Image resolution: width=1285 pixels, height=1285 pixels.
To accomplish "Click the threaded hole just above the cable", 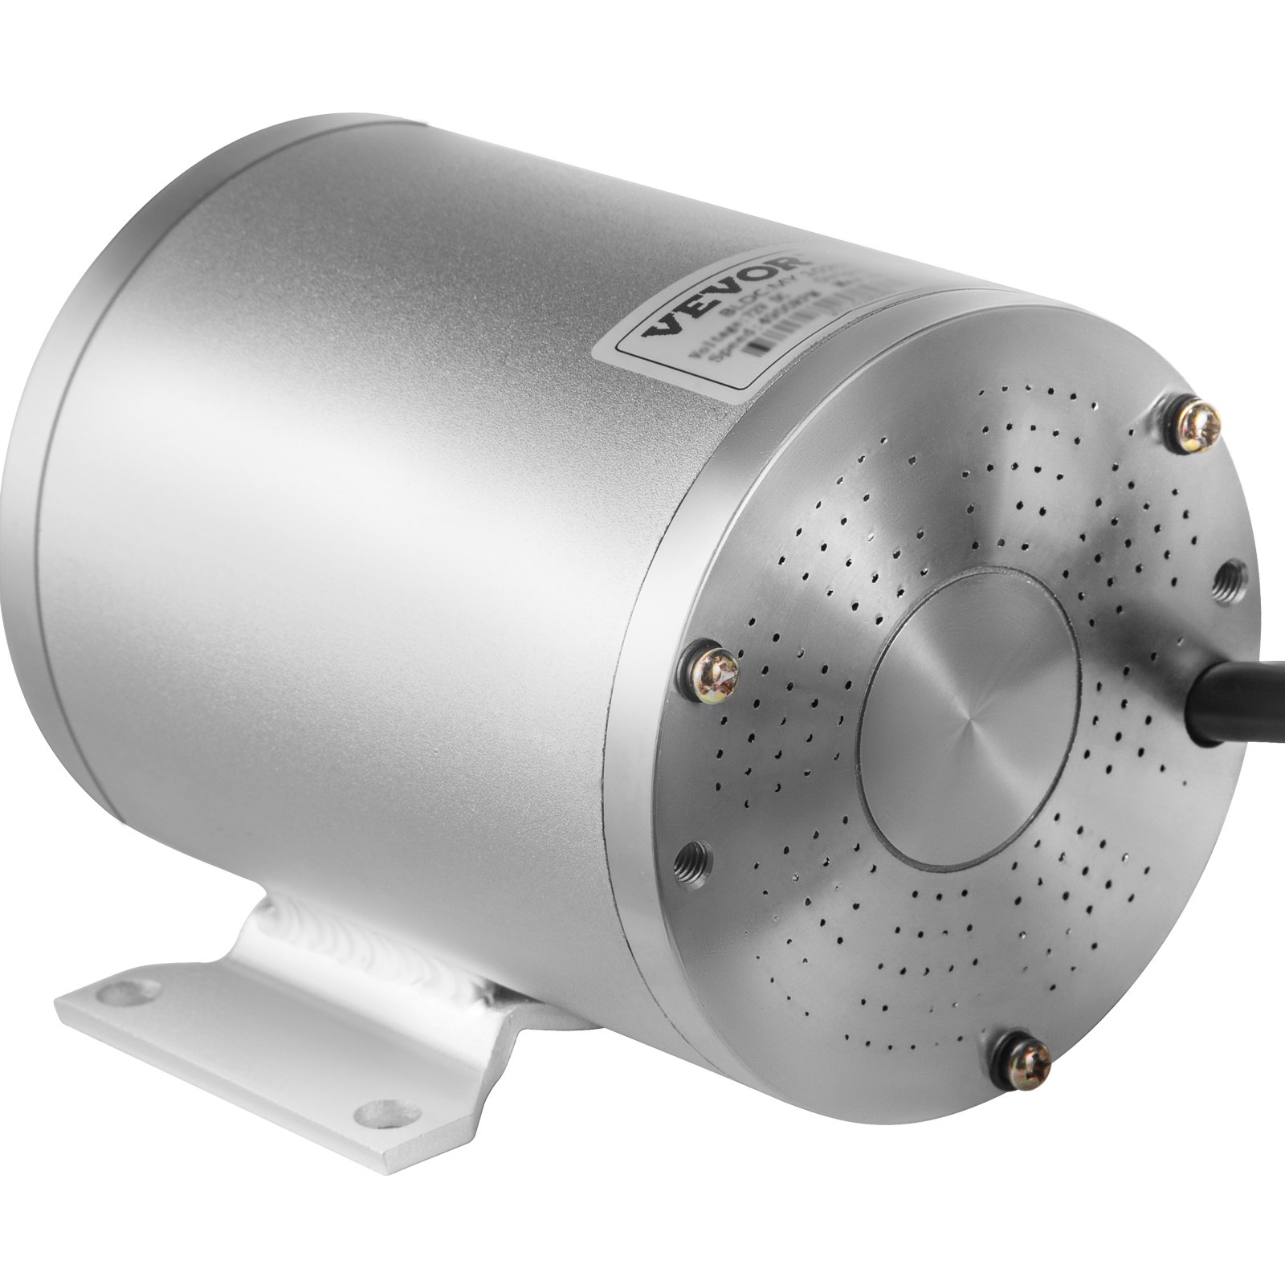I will point(1228,577).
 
